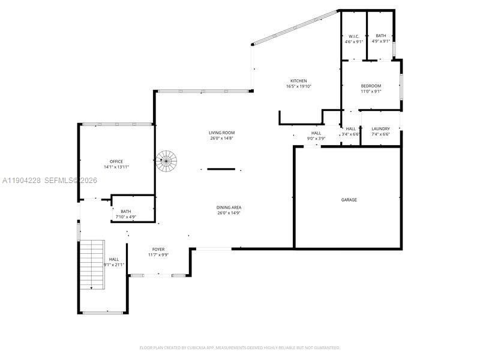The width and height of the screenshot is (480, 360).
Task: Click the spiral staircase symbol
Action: (x=167, y=160)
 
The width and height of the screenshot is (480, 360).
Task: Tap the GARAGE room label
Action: (x=349, y=200)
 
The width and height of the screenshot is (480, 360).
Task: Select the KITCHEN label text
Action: (x=299, y=81)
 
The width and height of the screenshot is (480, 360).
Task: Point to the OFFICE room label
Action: (x=116, y=161)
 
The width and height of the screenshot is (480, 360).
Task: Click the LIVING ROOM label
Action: (x=221, y=133)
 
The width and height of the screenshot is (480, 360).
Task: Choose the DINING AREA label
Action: (x=229, y=208)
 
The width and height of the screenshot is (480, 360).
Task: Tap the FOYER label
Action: (x=158, y=250)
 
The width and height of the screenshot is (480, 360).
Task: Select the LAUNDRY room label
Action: (x=380, y=129)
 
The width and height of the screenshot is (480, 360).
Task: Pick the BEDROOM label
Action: (x=371, y=86)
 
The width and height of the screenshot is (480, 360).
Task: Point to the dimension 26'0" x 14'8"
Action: (x=221, y=139)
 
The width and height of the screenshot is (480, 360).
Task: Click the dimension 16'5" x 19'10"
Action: (x=299, y=86)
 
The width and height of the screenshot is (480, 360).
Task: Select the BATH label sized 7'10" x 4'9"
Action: (x=126, y=211)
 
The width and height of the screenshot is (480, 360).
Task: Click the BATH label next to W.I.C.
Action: (x=381, y=36)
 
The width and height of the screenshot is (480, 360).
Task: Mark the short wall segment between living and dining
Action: (x=221, y=169)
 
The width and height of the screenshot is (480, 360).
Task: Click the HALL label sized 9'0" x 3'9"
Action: (x=316, y=133)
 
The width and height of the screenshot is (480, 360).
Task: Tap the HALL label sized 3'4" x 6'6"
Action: (x=351, y=129)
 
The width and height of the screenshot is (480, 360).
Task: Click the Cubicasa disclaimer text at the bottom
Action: (x=240, y=347)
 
